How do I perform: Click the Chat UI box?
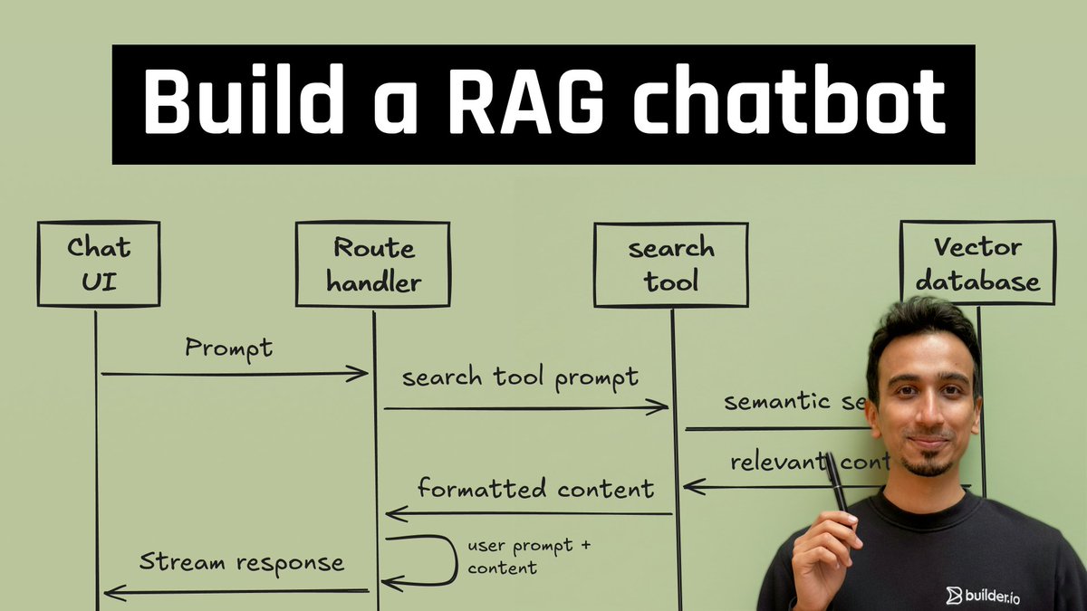[99, 263]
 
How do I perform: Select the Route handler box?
[372, 263]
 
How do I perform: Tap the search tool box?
[671, 263]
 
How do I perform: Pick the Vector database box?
[977, 263]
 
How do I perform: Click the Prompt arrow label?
[228, 348]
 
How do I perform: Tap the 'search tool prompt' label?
[520, 377]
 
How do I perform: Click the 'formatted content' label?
[535, 489]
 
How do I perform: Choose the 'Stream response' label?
[242, 562]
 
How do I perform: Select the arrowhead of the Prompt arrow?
[361, 373]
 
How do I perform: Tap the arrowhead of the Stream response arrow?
[111, 593]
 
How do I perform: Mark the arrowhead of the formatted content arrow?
[393, 514]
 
